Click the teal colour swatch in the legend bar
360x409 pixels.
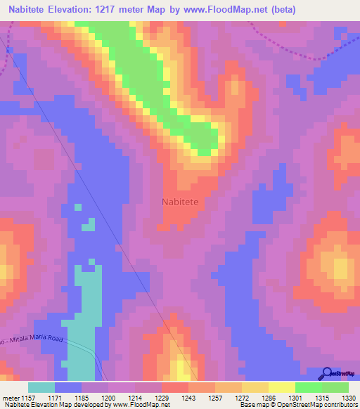coord(41,387)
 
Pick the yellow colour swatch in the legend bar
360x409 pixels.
coord(282,387)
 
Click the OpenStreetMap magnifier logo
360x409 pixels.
coord(326,374)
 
